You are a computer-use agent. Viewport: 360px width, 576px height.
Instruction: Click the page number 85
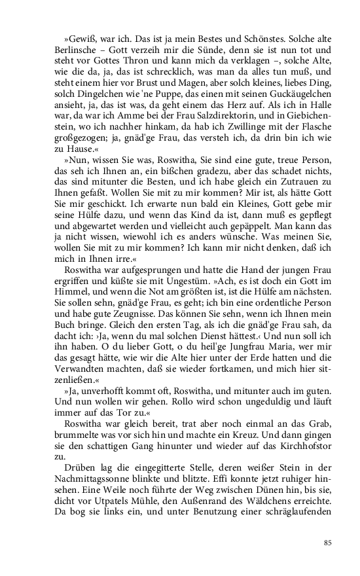(328, 543)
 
